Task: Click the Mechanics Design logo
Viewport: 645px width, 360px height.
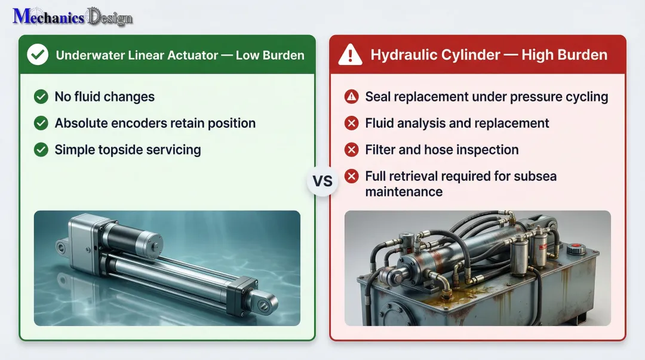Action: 72,16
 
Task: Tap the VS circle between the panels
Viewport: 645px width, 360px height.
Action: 322,181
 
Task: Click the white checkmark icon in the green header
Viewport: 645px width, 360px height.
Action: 38,56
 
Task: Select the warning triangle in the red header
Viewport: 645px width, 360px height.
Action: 350,56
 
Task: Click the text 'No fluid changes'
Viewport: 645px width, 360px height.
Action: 105,97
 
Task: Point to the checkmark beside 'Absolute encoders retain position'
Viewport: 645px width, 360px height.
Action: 41,123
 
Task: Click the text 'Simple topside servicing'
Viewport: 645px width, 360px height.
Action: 127,149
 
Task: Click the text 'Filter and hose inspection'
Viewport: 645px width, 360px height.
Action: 441,149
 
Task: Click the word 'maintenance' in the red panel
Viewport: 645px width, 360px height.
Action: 404,192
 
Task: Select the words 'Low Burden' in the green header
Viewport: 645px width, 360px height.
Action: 270,56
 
